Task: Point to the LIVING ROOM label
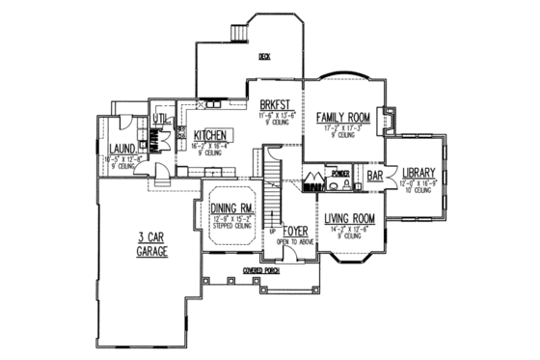click(349, 218)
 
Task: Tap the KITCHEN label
click(210, 136)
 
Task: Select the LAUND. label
click(122, 150)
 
